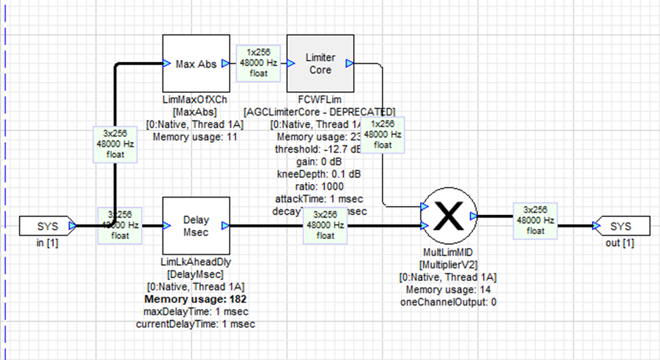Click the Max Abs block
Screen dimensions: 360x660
(196, 63)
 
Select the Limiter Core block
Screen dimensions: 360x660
(320, 64)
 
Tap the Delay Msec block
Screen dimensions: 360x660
(196, 226)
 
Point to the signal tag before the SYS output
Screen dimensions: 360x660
(535, 219)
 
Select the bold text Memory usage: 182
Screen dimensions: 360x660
(196, 299)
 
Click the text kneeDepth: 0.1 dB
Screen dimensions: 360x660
(318, 174)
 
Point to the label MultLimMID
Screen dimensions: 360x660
(448, 252)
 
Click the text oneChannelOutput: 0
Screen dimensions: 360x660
(448, 303)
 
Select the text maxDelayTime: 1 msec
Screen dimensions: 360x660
(196, 312)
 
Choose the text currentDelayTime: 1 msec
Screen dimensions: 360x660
(196, 324)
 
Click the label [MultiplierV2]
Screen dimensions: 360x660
(448, 265)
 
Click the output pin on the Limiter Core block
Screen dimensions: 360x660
(349, 63)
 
